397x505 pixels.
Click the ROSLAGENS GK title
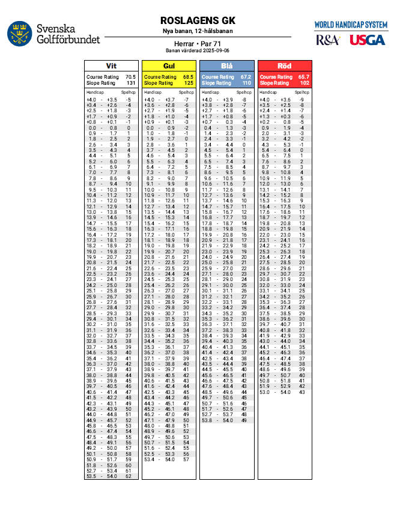(198, 21)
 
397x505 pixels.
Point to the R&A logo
(328, 40)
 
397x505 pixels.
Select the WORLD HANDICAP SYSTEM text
(351, 25)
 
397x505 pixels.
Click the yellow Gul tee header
(169, 66)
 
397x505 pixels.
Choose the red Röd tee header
(284, 66)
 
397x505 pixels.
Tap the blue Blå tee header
(226, 66)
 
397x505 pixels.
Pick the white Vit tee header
(111, 66)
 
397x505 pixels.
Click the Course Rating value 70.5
(130, 77)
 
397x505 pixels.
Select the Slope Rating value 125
(188, 83)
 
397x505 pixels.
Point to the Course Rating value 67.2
(246, 77)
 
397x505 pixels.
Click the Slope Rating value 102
(303, 83)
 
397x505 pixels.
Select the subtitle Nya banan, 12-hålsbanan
(198, 31)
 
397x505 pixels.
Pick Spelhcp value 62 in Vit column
(129, 476)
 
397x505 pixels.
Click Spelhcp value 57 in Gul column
(186, 459)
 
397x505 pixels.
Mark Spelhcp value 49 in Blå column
(244, 420)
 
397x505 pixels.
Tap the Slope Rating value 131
(130, 83)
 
